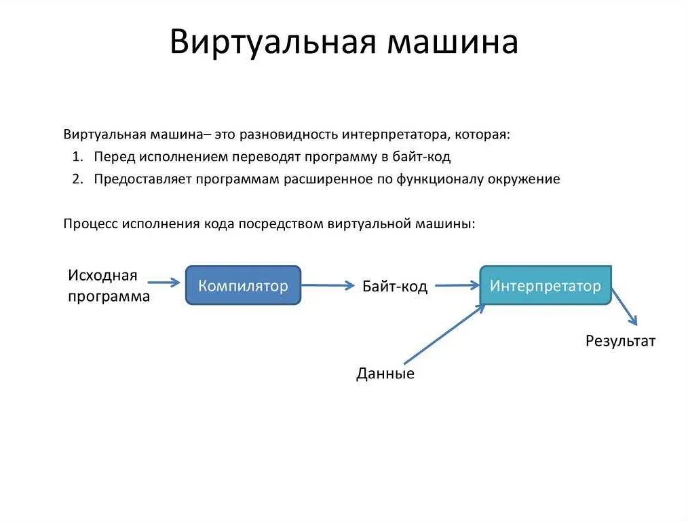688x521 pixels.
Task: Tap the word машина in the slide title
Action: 453,42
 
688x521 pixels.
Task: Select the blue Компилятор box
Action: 243,285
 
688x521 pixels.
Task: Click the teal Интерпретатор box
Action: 546,285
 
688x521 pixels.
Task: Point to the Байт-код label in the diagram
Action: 395,286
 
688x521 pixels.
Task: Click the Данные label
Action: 385,374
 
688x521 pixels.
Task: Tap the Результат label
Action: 620,341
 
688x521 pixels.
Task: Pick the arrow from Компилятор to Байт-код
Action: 328,285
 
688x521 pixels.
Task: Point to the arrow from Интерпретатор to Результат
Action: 625,307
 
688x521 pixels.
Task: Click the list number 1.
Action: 76,157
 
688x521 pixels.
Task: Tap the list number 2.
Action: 76,179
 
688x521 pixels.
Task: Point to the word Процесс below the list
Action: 90,223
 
